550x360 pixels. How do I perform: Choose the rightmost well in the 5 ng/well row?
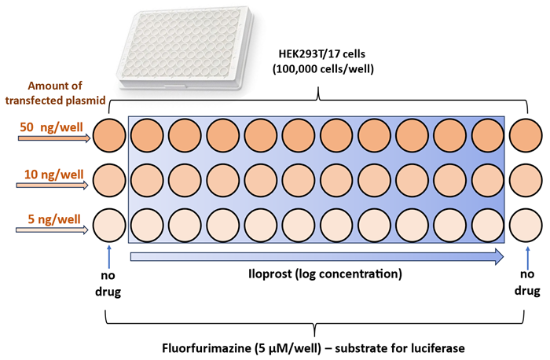525,226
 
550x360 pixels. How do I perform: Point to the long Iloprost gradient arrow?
315,255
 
